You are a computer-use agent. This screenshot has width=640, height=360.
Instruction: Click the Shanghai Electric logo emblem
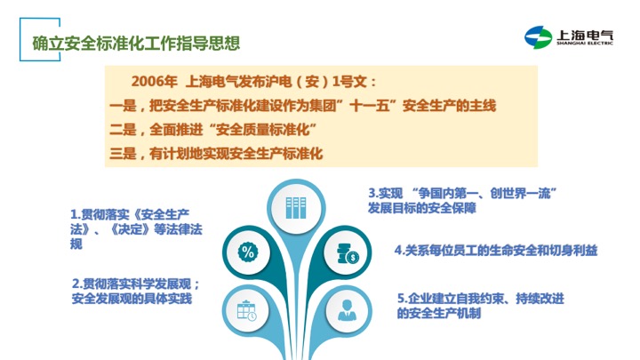tap(539, 37)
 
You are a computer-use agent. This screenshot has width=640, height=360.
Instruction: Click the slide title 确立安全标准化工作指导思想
tap(136, 44)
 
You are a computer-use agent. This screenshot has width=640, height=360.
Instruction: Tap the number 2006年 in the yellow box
tap(154, 82)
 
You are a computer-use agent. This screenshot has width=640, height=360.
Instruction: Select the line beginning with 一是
tap(302, 106)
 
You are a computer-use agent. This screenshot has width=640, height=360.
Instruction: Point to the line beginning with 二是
tap(213, 130)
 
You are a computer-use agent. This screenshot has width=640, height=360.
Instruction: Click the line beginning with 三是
tap(216, 154)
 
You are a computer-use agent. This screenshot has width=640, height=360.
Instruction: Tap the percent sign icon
tap(248, 252)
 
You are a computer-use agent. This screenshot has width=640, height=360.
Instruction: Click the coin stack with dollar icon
tap(348, 253)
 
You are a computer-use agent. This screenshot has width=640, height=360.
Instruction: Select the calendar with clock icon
tap(247, 310)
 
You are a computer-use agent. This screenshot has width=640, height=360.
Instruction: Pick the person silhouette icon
tap(347, 310)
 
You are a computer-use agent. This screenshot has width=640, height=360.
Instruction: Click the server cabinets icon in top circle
tap(296, 208)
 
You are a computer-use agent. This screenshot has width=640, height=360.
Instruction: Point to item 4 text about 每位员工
tap(496, 250)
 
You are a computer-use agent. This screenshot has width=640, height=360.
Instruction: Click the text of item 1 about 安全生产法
tap(136, 229)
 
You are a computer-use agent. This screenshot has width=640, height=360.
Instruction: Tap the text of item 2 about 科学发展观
tap(136, 291)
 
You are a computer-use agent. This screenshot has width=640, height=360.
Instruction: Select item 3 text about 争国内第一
tap(463, 200)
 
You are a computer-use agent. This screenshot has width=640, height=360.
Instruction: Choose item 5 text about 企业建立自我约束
tap(480, 306)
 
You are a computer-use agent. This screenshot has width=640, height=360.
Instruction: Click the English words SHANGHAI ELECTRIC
tap(585, 43)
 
